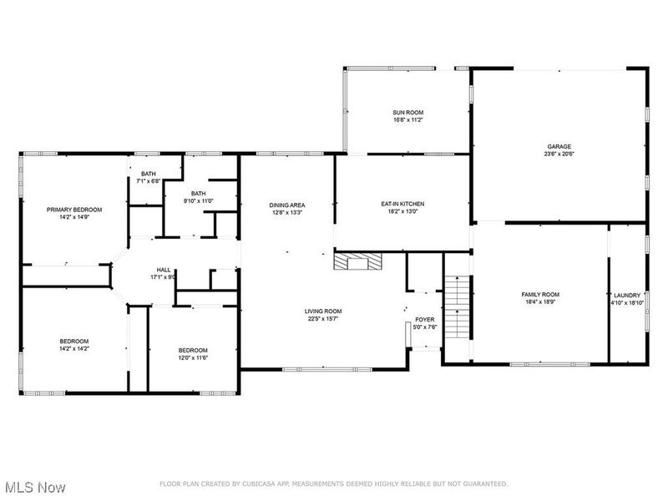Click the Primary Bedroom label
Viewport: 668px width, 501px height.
[74, 210]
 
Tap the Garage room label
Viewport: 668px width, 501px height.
[559, 146]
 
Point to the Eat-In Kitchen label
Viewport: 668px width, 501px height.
[403, 204]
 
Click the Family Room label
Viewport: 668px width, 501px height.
[540, 295]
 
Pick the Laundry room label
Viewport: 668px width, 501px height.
[626, 296]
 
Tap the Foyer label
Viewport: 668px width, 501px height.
[425, 320]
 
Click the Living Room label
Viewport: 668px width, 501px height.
[323, 311]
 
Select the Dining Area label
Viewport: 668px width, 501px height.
[286, 205]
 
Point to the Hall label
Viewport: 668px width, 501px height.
[164, 270]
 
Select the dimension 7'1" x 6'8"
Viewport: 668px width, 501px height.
[148, 180]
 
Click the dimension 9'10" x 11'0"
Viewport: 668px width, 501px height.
[199, 200]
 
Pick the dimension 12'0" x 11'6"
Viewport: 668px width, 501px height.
[193, 357]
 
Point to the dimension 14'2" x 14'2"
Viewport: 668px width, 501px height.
[73, 348]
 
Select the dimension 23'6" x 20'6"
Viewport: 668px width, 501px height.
[559, 154]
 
